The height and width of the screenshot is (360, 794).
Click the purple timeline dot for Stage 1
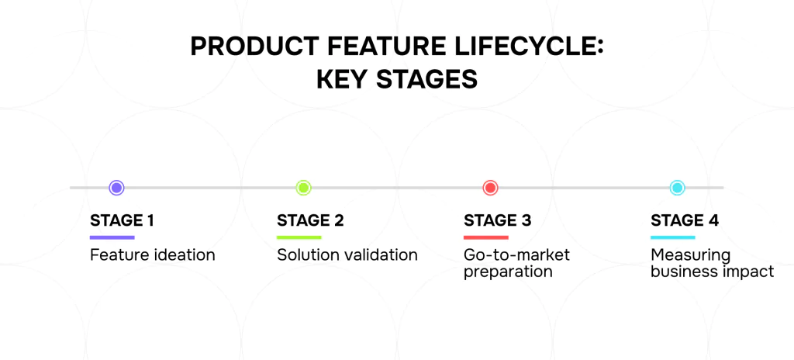point(116,188)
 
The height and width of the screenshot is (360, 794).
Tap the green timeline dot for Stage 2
point(303,188)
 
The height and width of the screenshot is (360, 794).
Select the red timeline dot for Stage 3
point(490,188)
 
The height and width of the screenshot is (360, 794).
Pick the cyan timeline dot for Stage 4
point(677,188)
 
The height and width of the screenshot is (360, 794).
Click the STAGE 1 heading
point(122,220)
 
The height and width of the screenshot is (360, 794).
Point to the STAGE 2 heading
point(310,220)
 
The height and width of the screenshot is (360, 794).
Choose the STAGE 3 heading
point(498,220)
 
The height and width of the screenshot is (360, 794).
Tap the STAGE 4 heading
point(685,220)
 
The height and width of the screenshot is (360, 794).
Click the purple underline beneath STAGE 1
point(112,237)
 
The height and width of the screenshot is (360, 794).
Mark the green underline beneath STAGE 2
point(299,237)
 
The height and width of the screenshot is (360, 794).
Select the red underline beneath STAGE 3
point(486,237)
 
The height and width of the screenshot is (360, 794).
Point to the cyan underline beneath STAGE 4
point(673,237)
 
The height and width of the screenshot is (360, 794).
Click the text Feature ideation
point(153,254)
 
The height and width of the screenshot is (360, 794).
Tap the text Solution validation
point(347,254)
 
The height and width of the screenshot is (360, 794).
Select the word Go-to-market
point(517,254)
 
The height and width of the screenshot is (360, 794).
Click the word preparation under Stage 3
point(508,272)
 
